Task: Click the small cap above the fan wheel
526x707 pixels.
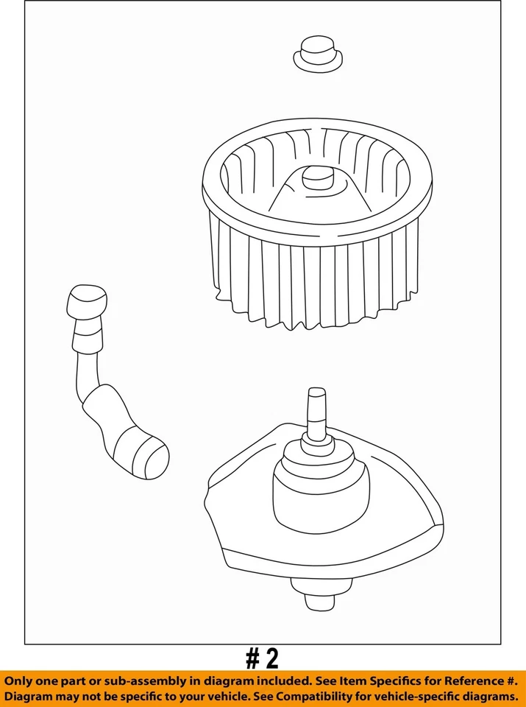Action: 318,54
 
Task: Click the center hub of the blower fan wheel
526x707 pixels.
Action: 318,177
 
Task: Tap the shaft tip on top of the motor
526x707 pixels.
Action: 317,402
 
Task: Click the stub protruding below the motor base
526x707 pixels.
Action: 319,597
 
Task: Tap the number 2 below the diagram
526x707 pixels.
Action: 271,657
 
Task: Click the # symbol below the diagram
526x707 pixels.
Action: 253,657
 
